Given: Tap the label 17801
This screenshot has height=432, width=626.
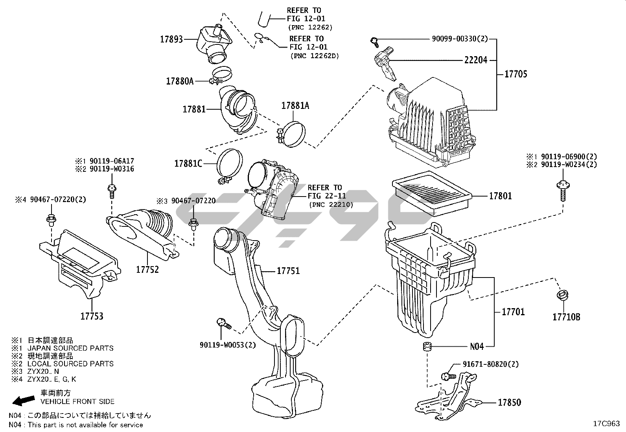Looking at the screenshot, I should click(500, 196).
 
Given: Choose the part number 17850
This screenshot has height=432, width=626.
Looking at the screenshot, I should click(509, 403).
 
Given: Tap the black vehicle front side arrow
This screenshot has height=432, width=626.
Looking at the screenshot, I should click(23, 400).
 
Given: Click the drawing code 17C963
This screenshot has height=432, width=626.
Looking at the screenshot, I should click(606, 424).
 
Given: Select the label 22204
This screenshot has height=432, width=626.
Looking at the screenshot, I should click(476, 60).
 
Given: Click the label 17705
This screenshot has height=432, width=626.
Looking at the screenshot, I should click(516, 74).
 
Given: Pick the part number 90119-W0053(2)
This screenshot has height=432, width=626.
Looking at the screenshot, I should click(228, 345).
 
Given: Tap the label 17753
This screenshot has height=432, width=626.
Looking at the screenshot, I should click(92, 316).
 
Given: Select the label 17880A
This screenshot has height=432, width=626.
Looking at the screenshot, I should click(180, 81).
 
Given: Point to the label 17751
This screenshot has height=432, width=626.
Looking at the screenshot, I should click(288, 271).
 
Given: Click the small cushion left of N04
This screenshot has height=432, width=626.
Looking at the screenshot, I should click(427, 347).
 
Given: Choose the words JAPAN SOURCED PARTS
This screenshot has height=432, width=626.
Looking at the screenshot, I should click(70, 348).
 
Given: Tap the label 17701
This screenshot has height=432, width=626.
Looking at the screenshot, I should click(513, 312).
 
